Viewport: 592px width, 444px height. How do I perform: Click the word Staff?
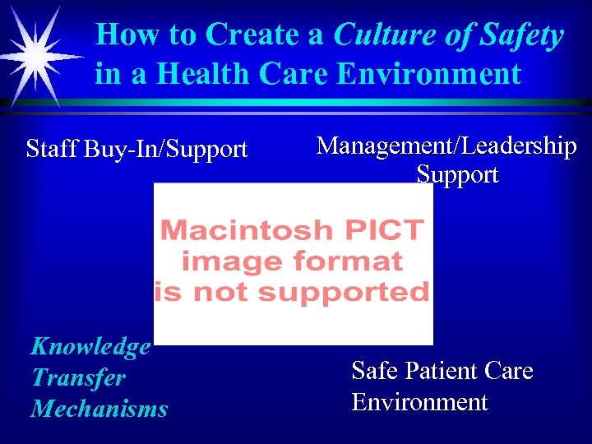(50, 150)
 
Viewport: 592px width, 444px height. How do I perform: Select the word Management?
(386, 146)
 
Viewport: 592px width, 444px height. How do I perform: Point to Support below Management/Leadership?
(457, 175)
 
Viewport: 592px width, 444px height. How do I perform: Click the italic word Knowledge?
(90, 346)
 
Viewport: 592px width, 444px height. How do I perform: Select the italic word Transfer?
(78, 377)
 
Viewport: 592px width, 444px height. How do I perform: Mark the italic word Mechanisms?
(99, 409)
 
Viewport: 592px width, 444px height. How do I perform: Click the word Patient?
(442, 372)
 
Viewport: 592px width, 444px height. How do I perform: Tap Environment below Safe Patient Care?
(419, 403)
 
